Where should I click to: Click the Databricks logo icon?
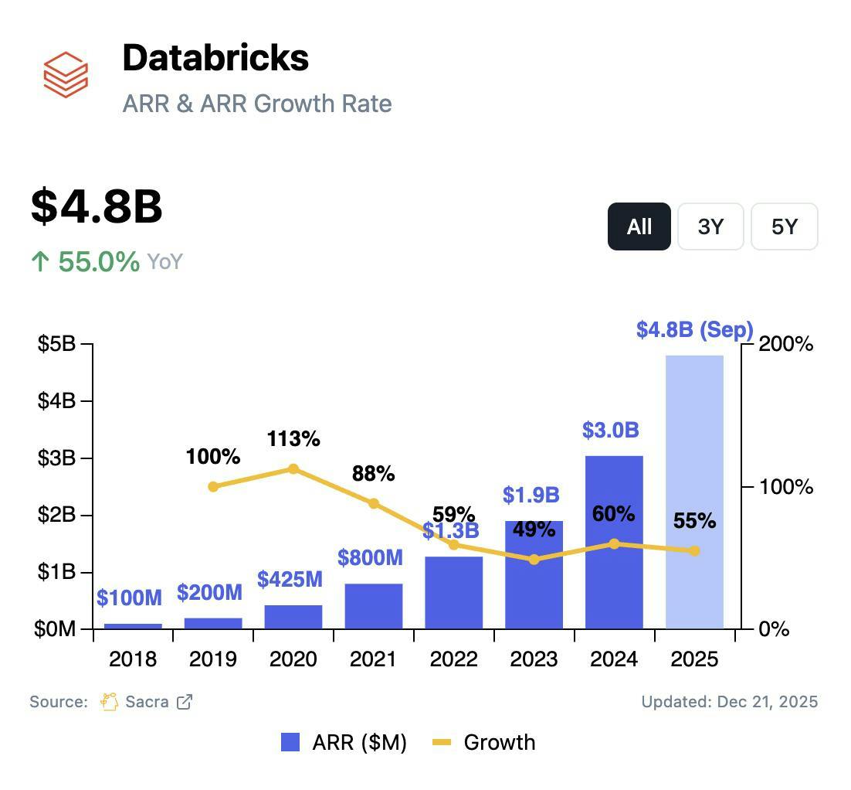66,74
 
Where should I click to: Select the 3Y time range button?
710,226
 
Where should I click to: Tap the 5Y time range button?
784,226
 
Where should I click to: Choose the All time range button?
639,226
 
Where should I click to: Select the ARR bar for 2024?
614,541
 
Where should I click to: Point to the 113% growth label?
293,439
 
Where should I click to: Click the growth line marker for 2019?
214,486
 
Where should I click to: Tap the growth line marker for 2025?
694,551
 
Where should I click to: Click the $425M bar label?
290,580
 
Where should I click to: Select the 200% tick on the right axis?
786,344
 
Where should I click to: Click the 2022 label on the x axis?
454,659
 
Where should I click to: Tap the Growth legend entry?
484,743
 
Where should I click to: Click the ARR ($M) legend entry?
344,743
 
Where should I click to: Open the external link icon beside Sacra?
185,702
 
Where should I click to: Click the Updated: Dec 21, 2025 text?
729,702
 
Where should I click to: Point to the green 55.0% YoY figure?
98,261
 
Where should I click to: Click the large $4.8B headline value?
97,206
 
